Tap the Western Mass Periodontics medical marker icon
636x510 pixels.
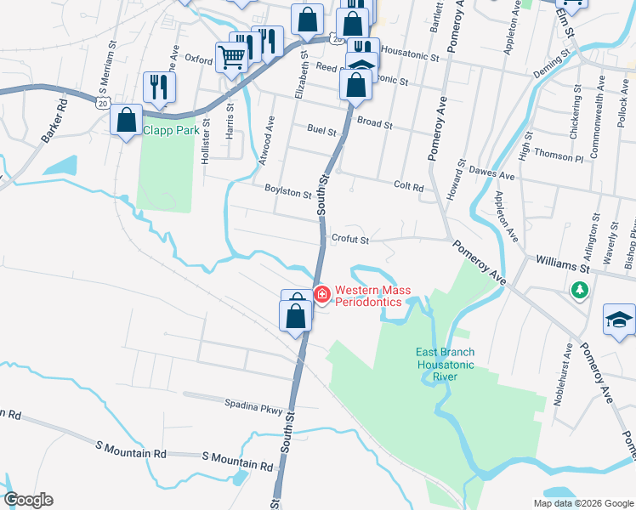(x=322, y=295)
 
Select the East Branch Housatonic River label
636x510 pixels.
(x=445, y=364)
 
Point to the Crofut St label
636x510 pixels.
(x=349, y=240)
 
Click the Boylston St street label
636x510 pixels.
(x=287, y=193)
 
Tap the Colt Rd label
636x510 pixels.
(x=408, y=185)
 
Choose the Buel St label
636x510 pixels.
(x=321, y=129)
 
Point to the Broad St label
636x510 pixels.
(x=374, y=123)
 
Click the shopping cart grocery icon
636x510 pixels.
(x=231, y=58)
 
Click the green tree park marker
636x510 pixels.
(x=580, y=291)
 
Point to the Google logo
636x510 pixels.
(x=28, y=500)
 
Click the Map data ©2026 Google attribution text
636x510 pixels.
(x=582, y=503)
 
